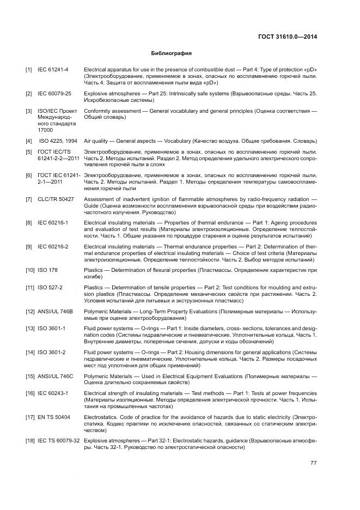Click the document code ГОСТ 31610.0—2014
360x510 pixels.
288,37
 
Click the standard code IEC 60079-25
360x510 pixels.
54,94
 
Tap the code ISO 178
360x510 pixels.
48,270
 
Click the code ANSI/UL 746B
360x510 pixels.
55,311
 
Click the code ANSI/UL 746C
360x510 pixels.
55,376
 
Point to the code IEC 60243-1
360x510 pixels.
53,393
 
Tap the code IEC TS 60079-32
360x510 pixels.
59,440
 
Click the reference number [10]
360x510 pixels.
30,270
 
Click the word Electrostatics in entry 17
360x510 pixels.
100,417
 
